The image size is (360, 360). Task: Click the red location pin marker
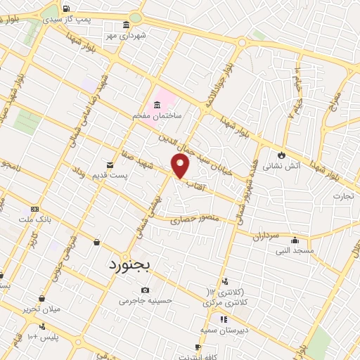(181, 167)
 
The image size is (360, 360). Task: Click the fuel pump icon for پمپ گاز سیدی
(67, 9)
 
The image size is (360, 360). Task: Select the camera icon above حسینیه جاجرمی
(145, 290)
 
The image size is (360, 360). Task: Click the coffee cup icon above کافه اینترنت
(198, 347)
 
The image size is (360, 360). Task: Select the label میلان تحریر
(41, 309)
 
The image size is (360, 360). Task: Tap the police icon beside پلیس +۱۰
(44, 326)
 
